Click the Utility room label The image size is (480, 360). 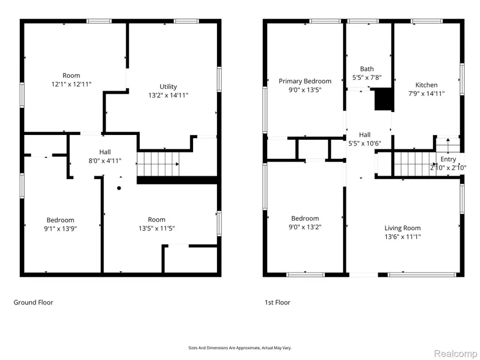coord(169,86)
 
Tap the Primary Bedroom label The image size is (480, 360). coord(305,81)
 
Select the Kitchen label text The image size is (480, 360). coord(426,85)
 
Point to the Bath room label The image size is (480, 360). coord(367,69)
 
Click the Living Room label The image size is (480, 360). coord(403,228)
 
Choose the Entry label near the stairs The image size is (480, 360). coord(448,159)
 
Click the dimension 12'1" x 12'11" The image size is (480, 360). coord(71,84)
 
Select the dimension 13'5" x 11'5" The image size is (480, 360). coord(156,228)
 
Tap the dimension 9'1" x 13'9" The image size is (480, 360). coord(60,229)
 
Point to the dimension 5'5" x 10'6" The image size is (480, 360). coord(364,144)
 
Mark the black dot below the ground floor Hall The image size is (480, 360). coord(119,188)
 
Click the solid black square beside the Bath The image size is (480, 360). coord(383,100)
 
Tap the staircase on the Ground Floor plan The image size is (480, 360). coord(158,164)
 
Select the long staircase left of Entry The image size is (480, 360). coord(414,163)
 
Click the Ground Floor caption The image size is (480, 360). coord(33,302)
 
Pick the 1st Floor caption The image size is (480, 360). coord(277,302)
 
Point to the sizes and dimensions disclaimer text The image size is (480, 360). coord(240,348)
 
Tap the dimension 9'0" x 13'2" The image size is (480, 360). coord(305,227)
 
